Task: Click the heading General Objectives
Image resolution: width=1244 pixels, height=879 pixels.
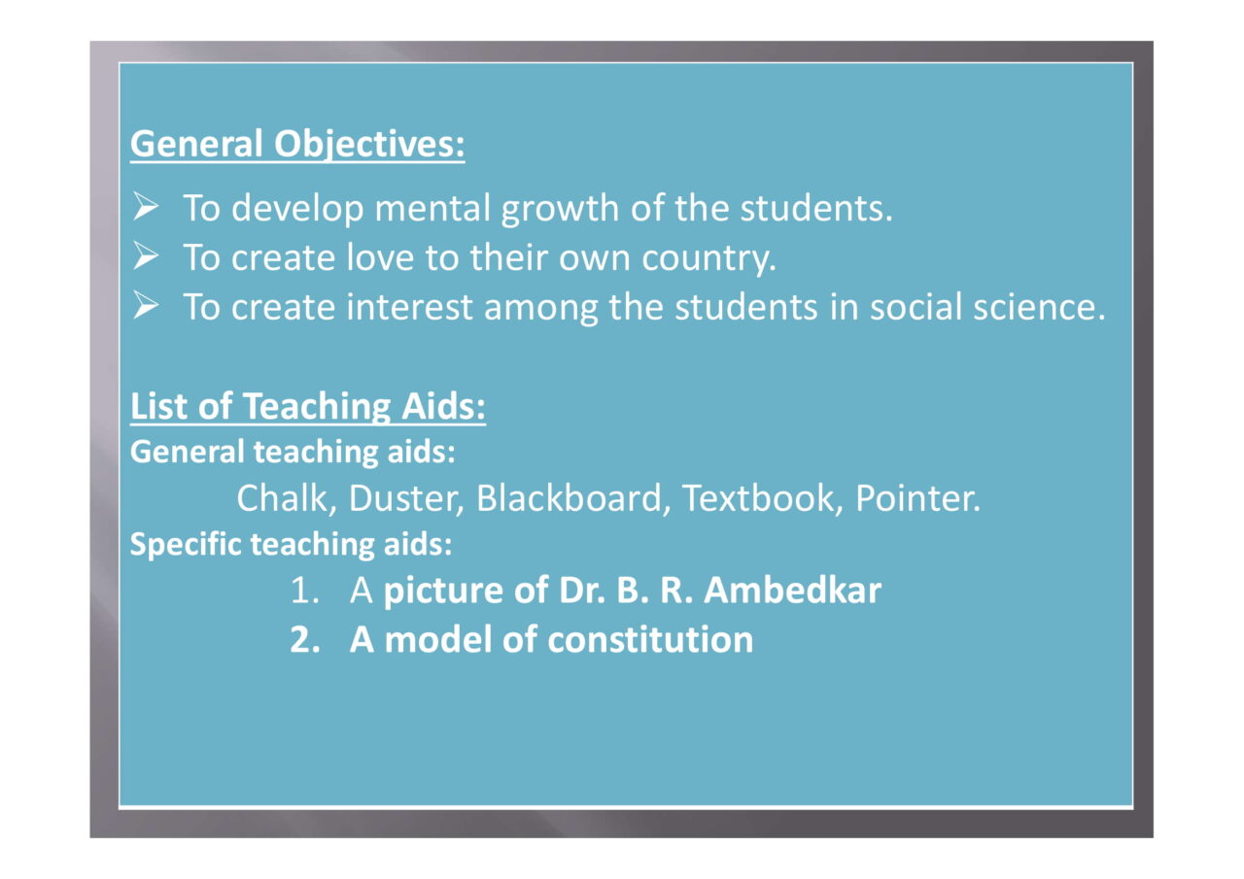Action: [297, 145]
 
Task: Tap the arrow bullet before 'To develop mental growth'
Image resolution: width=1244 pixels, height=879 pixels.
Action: [146, 207]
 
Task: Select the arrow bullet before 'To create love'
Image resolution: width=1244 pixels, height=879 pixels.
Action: [146, 256]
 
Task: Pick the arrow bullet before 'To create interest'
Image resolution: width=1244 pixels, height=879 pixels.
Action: [146, 306]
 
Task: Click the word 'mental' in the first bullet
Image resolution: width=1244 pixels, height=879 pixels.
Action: [432, 208]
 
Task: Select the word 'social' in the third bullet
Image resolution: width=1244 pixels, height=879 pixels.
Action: [916, 307]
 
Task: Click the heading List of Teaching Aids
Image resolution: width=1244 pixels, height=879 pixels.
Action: [308, 407]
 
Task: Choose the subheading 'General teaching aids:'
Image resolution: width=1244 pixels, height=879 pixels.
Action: [293, 452]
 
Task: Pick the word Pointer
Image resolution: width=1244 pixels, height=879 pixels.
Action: [917, 497]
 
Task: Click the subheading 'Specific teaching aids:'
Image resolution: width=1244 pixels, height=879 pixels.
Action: [291, 544]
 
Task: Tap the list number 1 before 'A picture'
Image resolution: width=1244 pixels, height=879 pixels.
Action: [304, 590]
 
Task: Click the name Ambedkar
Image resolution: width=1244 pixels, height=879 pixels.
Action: [792, 590]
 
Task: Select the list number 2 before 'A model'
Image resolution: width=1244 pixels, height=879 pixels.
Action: [305, 640]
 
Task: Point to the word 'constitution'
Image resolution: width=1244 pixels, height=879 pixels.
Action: [650, 639]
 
